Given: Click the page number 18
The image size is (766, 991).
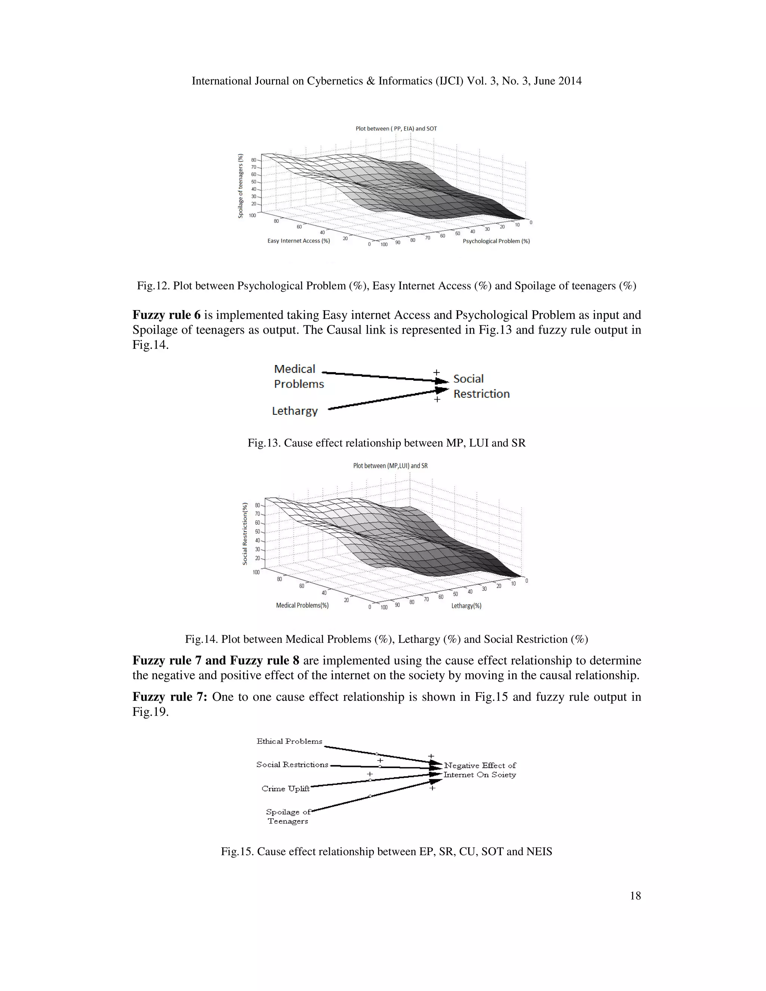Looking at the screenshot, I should [x=635, y=895].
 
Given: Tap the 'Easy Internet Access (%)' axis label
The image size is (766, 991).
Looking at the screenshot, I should [x=298, y=241].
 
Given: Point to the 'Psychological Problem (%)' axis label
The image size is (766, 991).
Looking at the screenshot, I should [x=496, y=242].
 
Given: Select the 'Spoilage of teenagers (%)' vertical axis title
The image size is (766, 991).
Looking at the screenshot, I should [x=240, y=186].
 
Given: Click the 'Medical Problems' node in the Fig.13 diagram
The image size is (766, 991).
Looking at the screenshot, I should [x=298, y=377].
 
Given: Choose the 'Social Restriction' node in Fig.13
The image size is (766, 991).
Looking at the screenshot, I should [x=481, y=386].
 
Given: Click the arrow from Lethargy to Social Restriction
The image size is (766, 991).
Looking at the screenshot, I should [x=381, y=399].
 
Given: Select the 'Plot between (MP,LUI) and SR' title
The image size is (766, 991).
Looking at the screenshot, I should [x=390, y=466].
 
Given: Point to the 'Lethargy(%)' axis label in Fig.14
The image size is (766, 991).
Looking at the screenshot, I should [x=466, y=606].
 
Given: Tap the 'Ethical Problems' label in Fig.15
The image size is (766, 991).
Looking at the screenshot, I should [x=289, y=742].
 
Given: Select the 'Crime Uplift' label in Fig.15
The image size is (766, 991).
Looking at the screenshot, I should [x=285, y=789].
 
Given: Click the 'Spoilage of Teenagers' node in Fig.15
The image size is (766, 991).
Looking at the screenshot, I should [x=288, y=816].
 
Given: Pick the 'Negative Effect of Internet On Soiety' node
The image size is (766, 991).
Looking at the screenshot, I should [x=479, y=770].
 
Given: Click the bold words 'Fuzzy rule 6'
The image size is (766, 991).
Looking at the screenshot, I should [x=166, y=315].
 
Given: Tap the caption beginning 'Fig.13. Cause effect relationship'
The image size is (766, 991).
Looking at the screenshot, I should [x=386, y=443].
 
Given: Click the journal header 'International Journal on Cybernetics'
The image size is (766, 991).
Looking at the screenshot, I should [x=386, y=81].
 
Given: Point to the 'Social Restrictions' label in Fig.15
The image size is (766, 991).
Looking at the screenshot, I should [x=292, y=765].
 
